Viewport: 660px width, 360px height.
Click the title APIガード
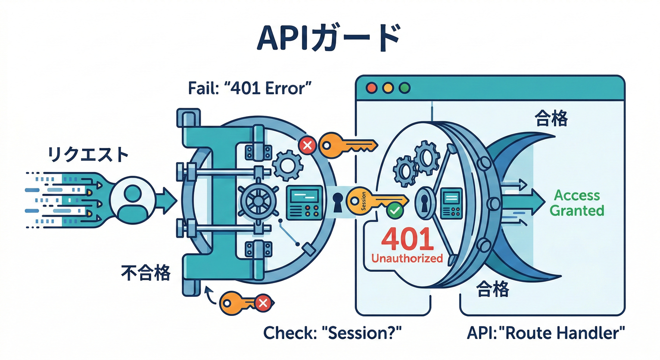click(329, 39)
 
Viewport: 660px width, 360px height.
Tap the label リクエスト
click(88, 154)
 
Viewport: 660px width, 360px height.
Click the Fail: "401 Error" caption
click(249, 89)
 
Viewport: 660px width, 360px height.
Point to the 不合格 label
click(146, 273)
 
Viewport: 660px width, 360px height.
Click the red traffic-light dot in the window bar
click(372, 88)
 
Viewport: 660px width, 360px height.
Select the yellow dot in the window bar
click(388, 88)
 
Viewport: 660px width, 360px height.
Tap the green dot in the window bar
click(404, 88)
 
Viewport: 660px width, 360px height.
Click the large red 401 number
click(406, 239)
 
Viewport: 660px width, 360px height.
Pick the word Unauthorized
click(407, 258)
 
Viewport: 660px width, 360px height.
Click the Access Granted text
click(577, 202)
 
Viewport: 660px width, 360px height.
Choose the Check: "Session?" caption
click(332, 333)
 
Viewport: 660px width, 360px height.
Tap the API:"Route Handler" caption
click(546, 333)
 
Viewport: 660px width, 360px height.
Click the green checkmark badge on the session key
click(395, 211)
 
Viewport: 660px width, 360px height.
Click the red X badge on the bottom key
click(263, 303)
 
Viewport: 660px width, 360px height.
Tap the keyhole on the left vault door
click(337, 202)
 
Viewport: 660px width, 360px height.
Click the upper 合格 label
click(551, 120)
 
